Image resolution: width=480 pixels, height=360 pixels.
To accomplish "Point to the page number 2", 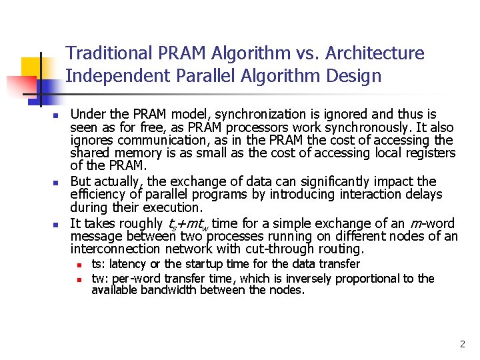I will click(462, 345).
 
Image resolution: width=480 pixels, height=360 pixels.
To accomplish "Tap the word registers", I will click(430, 153).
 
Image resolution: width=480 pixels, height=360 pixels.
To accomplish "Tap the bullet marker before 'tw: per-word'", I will click(79, 279).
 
